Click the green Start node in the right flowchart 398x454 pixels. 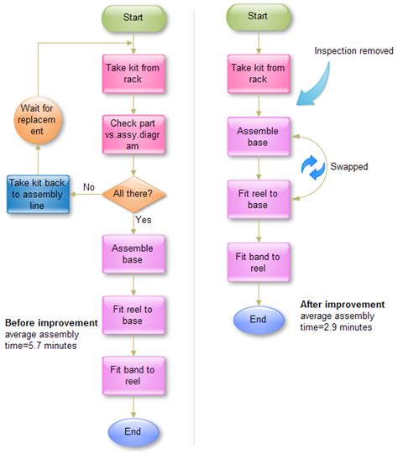click(259, 16)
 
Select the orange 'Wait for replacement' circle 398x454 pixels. click(39, 125)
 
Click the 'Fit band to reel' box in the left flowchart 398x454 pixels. click(133, 375)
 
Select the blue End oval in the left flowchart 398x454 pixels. click(133, 432)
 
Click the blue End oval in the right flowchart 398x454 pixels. click(259, 319)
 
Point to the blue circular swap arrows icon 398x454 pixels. click(313, 168)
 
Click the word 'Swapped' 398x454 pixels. click(349, 167)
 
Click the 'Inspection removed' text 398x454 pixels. click(353, 51)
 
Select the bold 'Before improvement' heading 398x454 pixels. click(51, 323)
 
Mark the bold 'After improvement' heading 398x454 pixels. click(343, 305)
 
